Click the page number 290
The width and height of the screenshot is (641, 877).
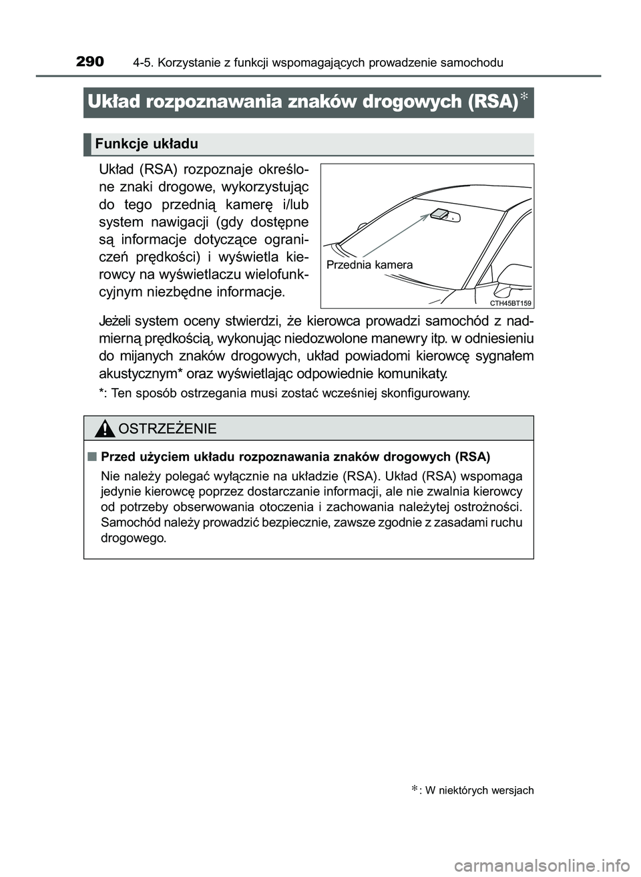90,62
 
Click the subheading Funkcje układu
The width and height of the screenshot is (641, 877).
146,144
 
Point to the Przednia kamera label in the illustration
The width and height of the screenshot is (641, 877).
369,265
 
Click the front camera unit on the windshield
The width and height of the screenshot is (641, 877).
439,214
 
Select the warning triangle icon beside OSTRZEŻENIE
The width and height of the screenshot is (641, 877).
104,428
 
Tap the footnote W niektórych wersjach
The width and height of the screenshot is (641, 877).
479,791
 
